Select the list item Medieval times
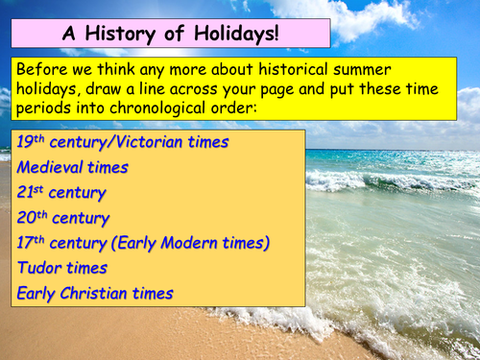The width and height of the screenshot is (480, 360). [x=72, y=167]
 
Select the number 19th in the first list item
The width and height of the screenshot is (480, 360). [x=33, y=142]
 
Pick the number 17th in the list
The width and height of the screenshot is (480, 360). [x=33, y=243]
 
